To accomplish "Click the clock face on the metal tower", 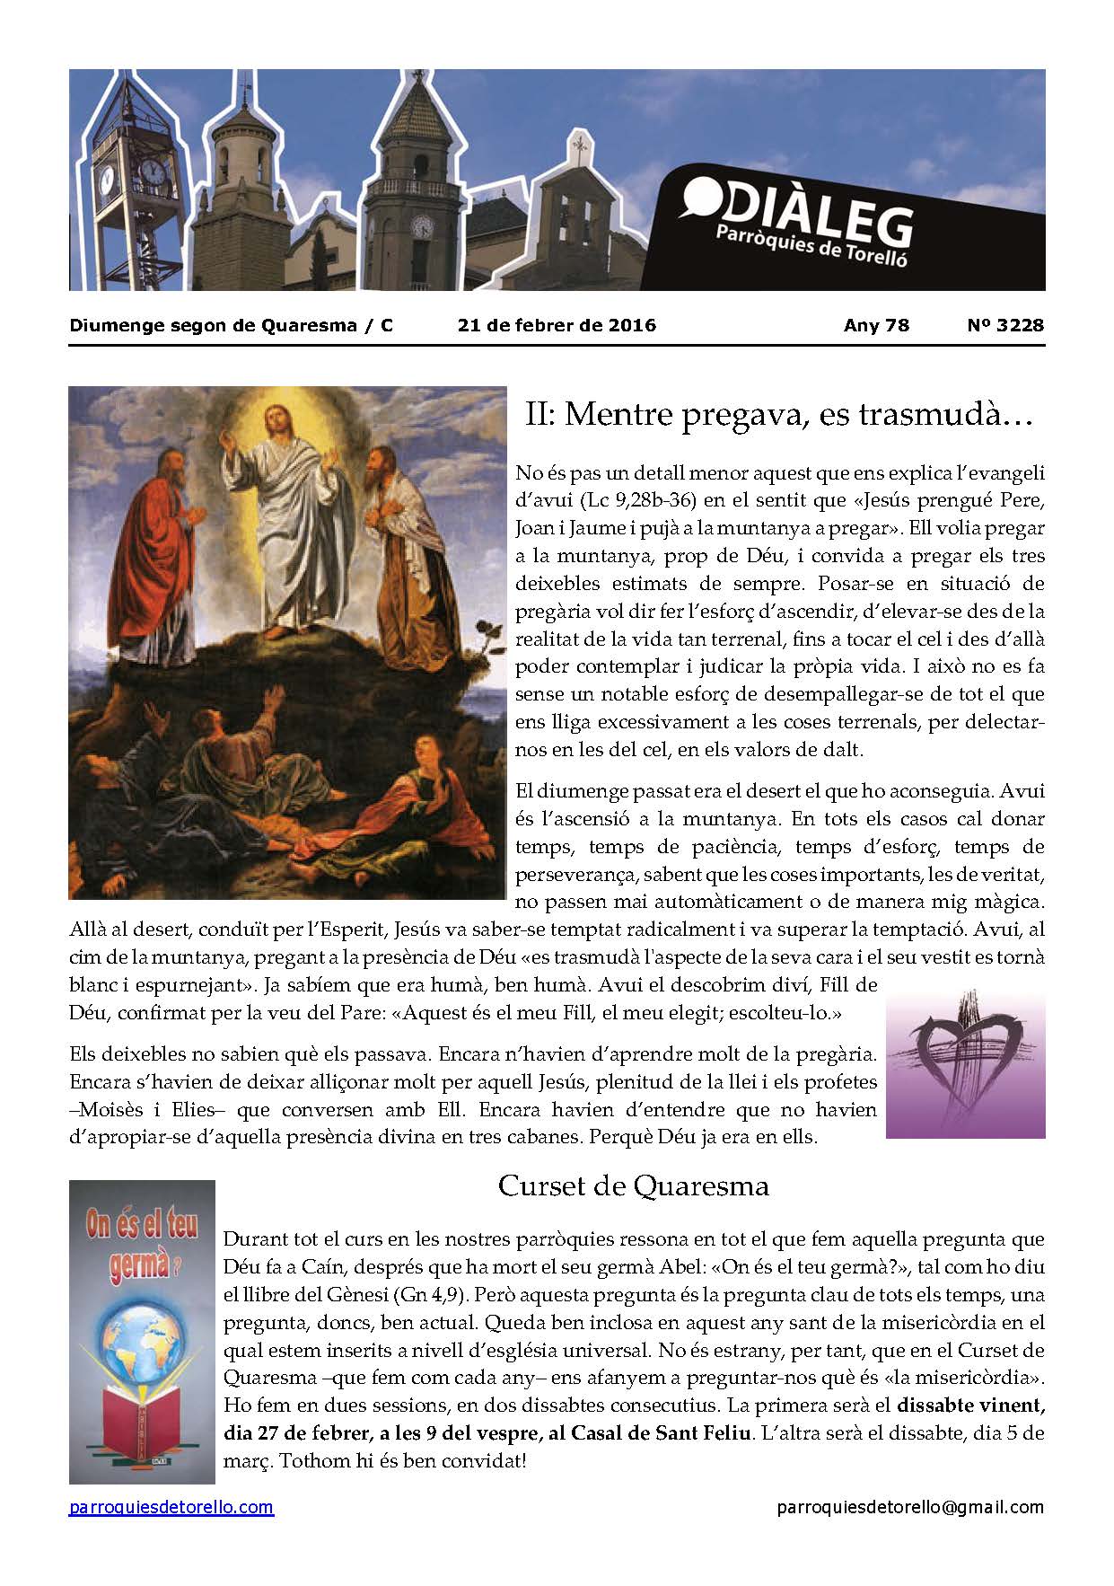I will [x=154, y=172].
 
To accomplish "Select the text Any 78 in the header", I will [x=876, y=325].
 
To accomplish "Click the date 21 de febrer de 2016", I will [x=557, y=325].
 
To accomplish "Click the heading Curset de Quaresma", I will [x=633, y=1186].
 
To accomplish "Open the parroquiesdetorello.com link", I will [x=171, y=1508].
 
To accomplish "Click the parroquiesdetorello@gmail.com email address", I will [x=910, y=1508].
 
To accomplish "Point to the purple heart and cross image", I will [x=965, y=1064].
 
